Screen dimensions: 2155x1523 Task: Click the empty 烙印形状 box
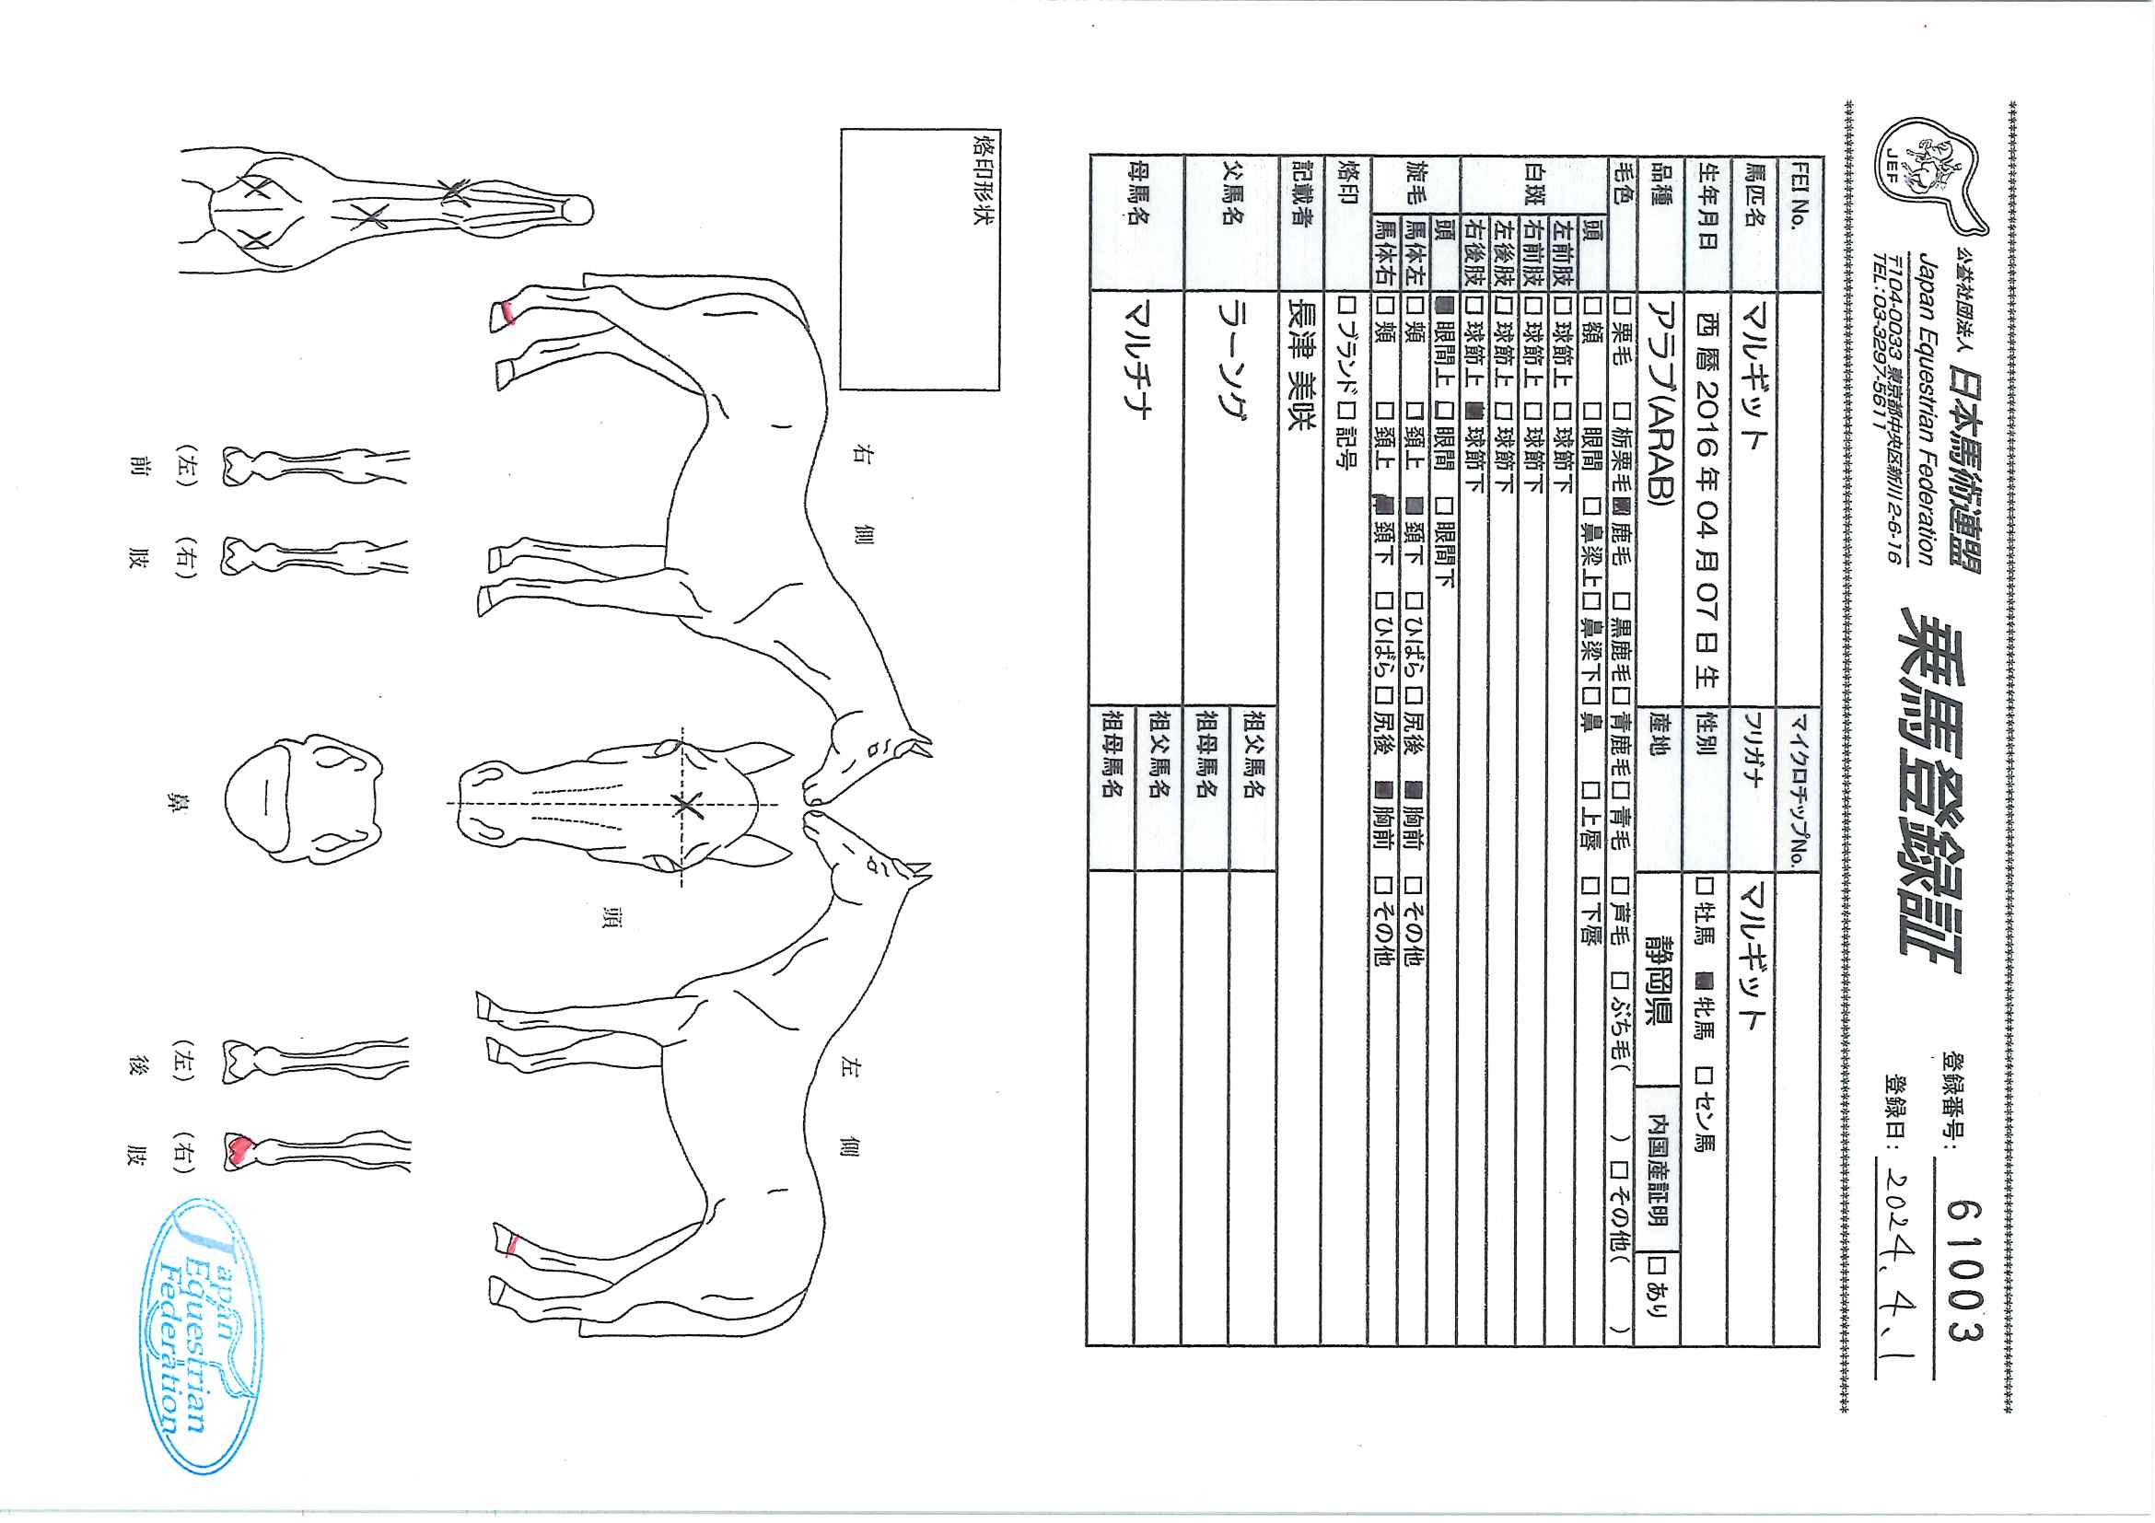click(x=920, y=259)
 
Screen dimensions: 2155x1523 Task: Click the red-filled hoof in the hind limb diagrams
click(x=242, y=1148)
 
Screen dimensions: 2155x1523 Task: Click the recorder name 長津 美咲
click(x=1300, y=365)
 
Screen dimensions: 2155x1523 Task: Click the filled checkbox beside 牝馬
click(x=1707, y=982)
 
